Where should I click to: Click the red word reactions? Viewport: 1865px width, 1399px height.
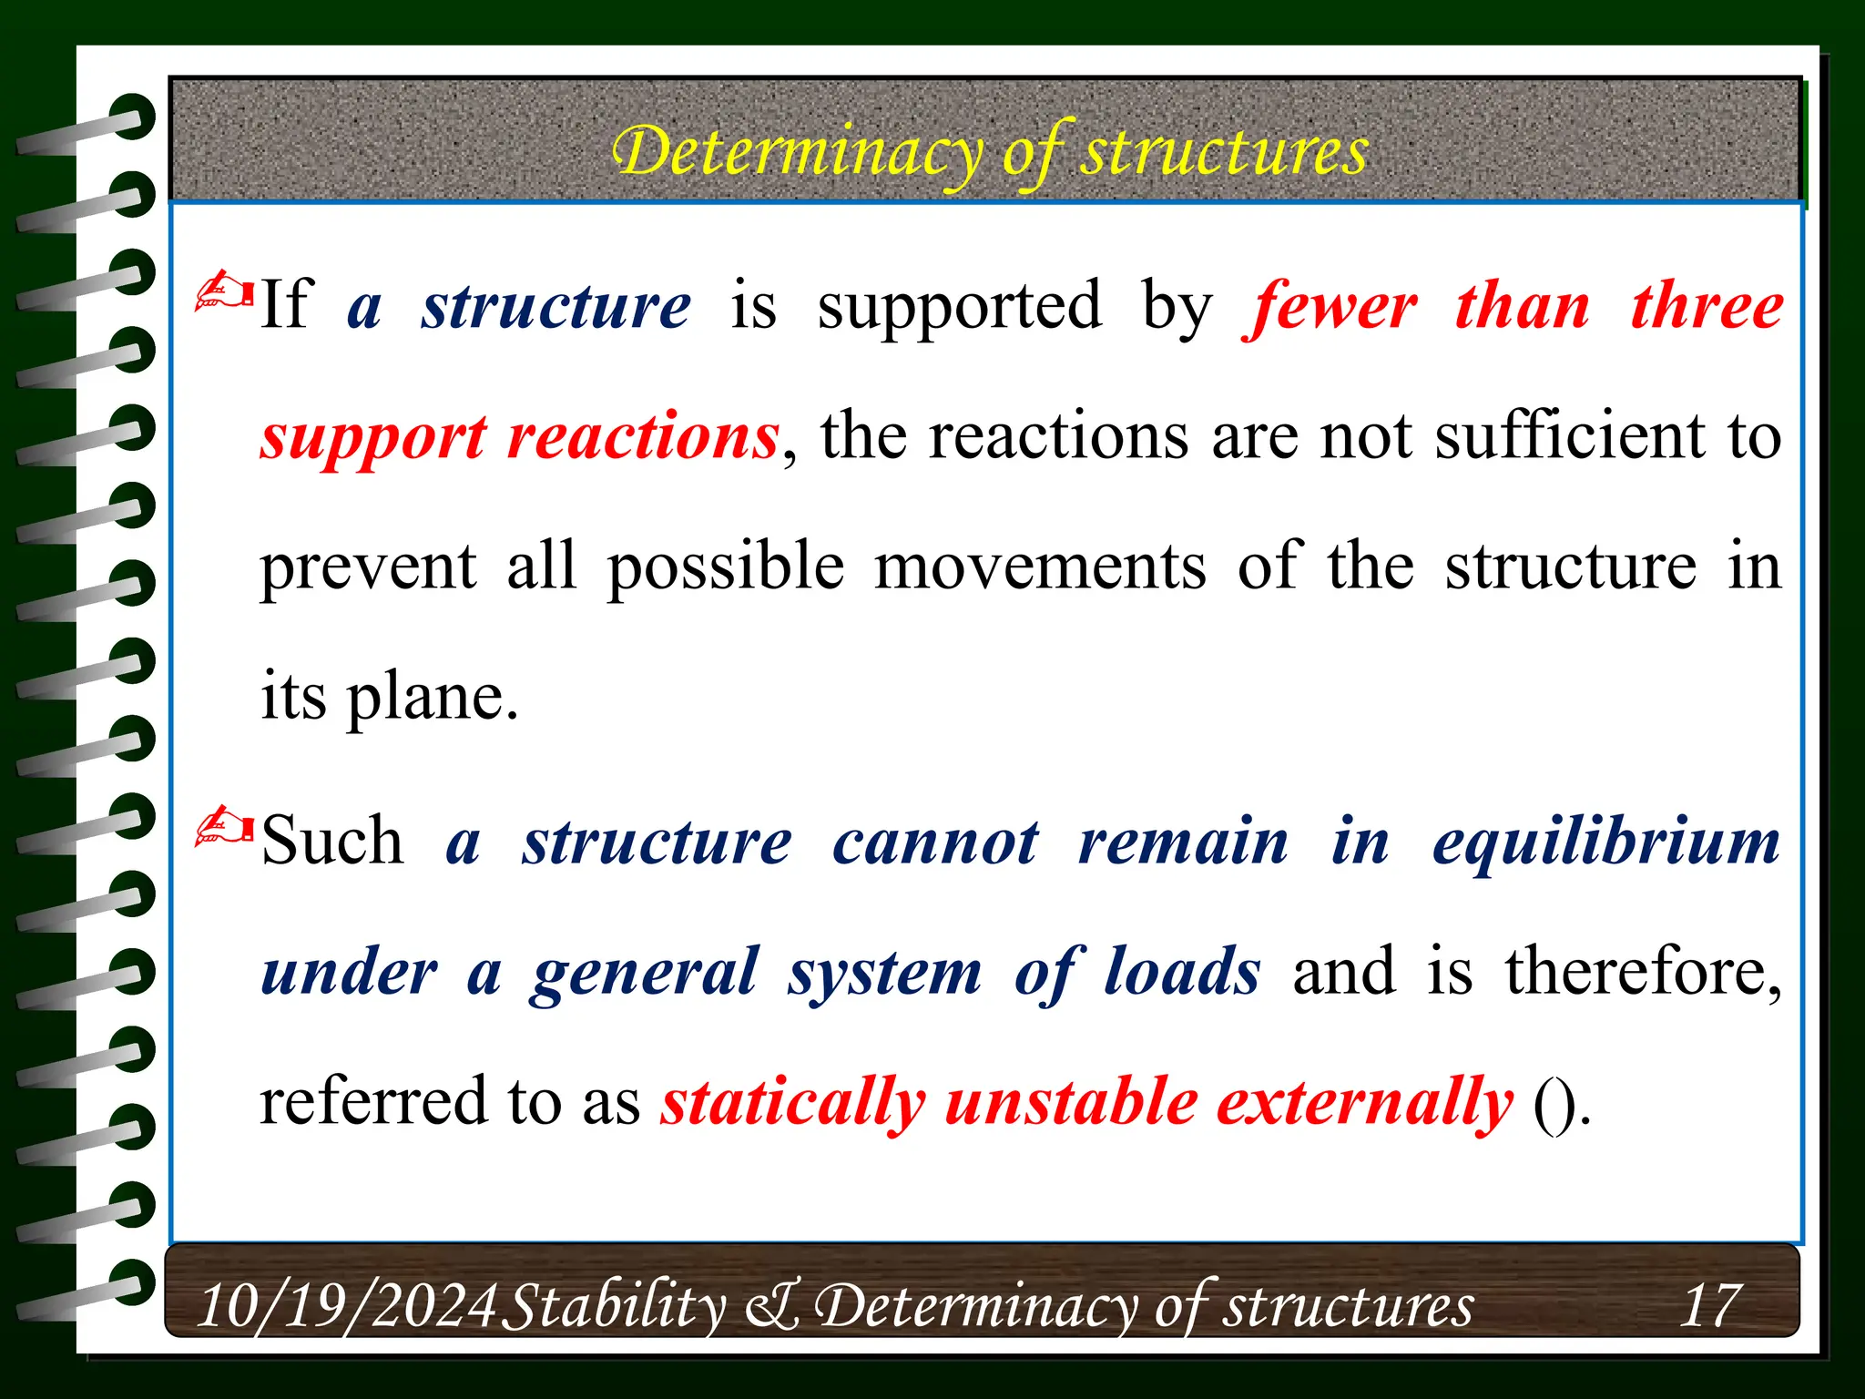click(643, 437)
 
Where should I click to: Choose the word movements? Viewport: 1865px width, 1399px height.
click(1040, 567)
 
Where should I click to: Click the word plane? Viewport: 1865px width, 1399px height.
click(433, 698)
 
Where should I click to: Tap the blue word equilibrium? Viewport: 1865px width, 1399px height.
click(1605, 842)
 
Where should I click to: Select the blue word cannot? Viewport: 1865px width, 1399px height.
click(935, 842)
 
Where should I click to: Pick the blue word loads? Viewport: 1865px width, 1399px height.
click(1182, 972)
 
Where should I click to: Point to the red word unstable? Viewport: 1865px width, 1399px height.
click(1071, 1103)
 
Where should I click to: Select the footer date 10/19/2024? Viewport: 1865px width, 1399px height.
click(347, 1306)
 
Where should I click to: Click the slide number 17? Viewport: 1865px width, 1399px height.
click(1710, 1306)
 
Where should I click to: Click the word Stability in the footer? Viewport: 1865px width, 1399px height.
click(615, 1306)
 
